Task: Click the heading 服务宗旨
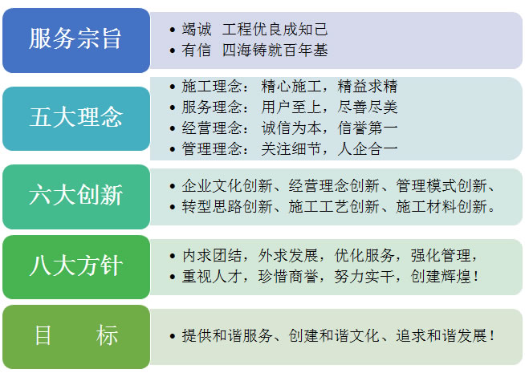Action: point(75,39)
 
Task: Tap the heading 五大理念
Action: point(76,117)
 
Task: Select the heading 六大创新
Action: point(76,195)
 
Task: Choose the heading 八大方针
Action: point(76,266)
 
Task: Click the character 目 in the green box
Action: point(43,335)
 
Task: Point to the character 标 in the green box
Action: point(107,335)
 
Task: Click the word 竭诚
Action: point(197,30)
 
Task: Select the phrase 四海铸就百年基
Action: point(275,51)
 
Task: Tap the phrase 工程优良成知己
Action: point(275,30)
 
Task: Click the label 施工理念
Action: point(212,87)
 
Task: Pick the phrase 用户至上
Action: point(291,107)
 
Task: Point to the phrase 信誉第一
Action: point(368,128)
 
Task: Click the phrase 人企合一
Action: point(368,148)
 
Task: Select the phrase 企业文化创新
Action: point(227,185)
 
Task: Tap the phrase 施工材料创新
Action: point(442,206)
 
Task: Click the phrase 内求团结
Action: point(212,256)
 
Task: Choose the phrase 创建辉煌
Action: point(441,277)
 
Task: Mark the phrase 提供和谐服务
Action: point(227,335)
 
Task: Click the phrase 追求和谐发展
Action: point(442,335)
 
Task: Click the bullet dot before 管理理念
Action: point(173,149)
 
